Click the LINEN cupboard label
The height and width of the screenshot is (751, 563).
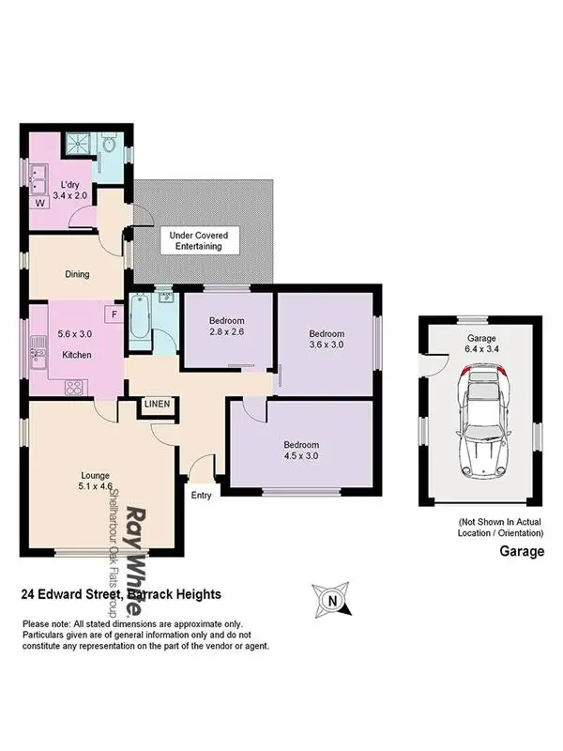coord(157,405)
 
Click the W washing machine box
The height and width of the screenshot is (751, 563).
coord(40,202)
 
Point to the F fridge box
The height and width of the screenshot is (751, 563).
coord(114,314)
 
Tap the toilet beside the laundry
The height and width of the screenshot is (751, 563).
coord(108,146)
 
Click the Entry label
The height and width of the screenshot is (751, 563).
coord(202,495)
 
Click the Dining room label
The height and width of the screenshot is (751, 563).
coord(77,275)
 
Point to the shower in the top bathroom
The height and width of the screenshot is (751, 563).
coord(77,146)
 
